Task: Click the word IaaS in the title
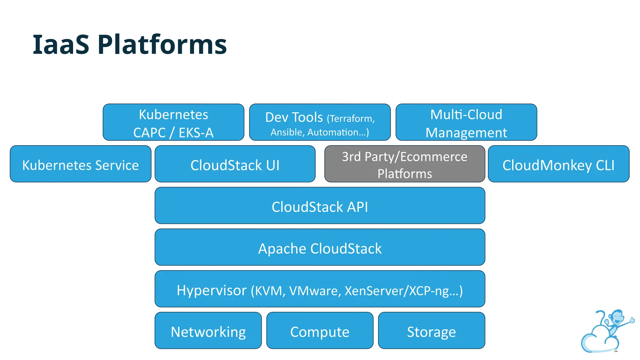[x=61, y=45]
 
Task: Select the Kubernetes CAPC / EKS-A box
[x=173, y=122]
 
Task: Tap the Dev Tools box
[x=320, y=122]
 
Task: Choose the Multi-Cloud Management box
[x=466, y=122]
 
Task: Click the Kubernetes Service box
[x=81, y=164]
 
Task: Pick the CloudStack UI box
[x=235, y=164]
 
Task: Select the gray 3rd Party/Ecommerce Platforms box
[x=405, y=164]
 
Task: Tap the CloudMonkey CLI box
[x=558, y=164]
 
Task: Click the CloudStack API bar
[x=320, y=206]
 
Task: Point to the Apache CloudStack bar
[x=320, y=247]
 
